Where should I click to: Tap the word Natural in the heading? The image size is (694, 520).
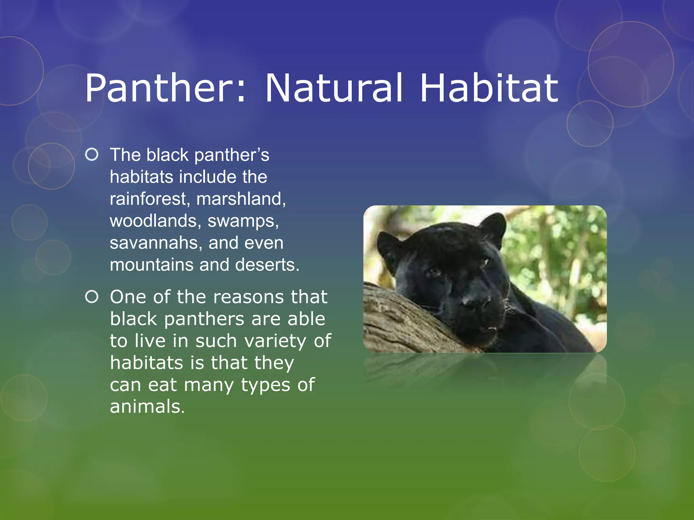[334, 89]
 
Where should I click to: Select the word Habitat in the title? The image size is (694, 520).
[489, 89]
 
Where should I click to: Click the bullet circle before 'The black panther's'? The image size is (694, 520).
[92, 155]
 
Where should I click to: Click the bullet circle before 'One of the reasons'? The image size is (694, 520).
[92, 297]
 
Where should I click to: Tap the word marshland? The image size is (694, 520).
[241, 199]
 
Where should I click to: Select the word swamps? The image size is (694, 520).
[243, 221]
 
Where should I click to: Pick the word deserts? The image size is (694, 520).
[267, 265]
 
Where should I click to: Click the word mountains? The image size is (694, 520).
[152, 265]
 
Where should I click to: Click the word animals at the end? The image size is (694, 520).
[147, 407]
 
